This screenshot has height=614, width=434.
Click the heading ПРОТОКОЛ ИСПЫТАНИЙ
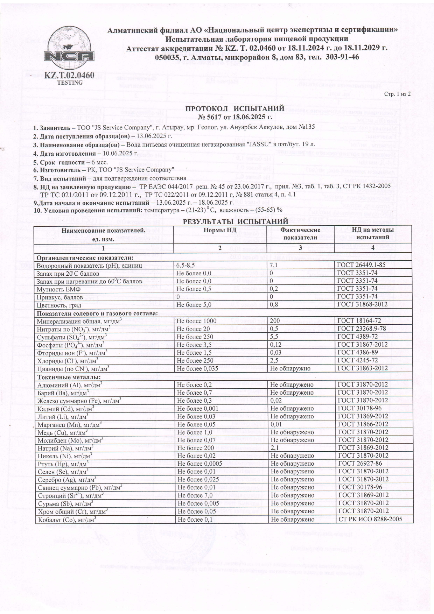click(x=234, y=108)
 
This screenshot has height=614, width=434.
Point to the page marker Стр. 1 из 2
click(x=397, y=94)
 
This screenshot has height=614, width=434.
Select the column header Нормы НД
click(x=220, y=230)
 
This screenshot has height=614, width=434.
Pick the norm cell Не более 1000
click(x=196, y=321)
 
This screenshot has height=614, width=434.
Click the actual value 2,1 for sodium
click(x=275, y=448)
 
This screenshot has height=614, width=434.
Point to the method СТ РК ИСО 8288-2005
click(x=370, y=520)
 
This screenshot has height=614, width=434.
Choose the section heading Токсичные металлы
click(x=69, y=377)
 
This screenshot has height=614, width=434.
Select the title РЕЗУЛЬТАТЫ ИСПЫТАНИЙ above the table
click(x=235, y=221)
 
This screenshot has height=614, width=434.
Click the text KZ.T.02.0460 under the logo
click(x=70, y=75)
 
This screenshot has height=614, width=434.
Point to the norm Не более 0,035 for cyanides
click(x=197, y=368)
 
